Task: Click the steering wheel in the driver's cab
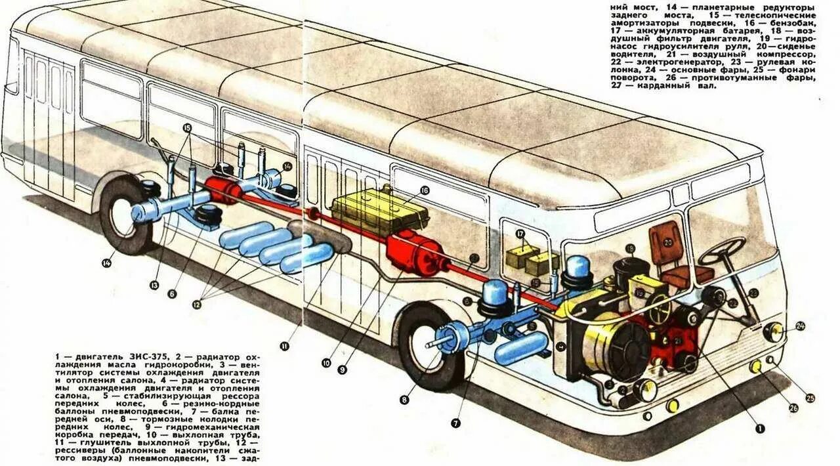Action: pyautogui.click(x=721, y=250)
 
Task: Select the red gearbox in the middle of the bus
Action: pyautogui.click(x=415, y=251)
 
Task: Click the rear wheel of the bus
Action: pyautogui.click(x=125, y=214)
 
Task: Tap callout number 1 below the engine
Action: pyautogui.click(x=760, y=429)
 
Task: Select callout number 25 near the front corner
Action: pyautogui.click(x=810, y=398)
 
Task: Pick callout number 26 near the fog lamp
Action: pyautogui.click(x=793, y=408)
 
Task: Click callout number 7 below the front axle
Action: pyautogui.click(x=455, y=423)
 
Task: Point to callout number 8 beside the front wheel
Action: pyautogui.click(x=404, y=399)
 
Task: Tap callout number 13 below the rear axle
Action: pyautogui.click(x=154, y=285)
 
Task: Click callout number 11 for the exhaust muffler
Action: pyautogui.click(x=283, y=346)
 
